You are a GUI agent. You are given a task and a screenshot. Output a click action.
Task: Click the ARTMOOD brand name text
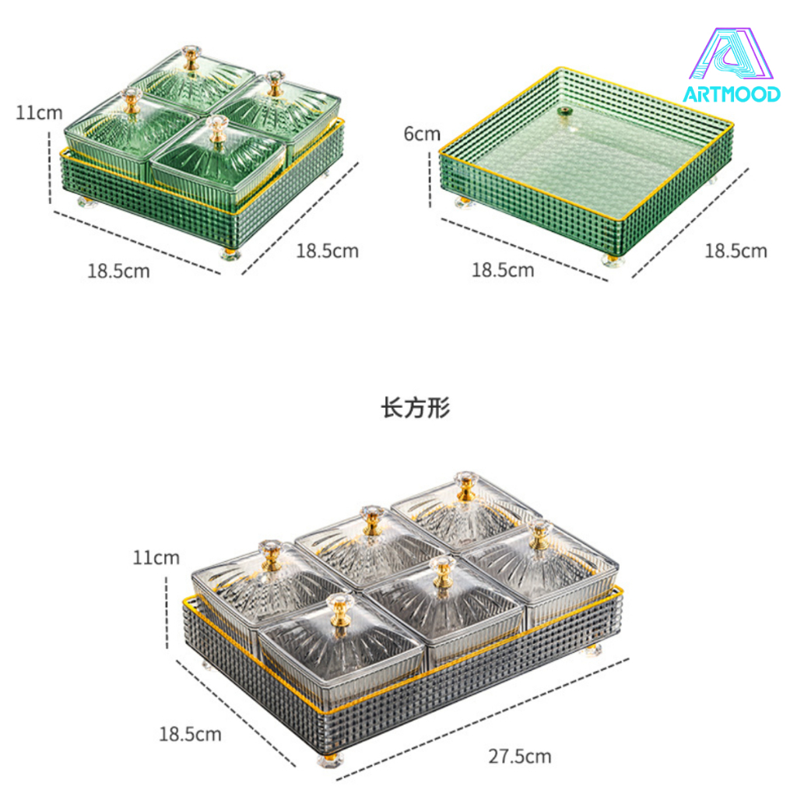(x=732, y=94)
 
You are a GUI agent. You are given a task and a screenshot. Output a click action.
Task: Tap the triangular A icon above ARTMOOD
(x=731, y=54)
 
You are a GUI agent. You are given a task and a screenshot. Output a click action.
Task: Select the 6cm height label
(x=422, y=134)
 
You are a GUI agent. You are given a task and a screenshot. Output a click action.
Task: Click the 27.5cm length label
(x=520, y=757)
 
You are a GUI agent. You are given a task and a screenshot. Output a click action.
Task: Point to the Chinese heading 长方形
(x=416, y=408)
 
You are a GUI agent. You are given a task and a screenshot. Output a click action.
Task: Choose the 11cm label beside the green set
(x=39, y=112)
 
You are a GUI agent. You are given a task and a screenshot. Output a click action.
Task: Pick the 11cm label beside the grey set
(x=156, y=557)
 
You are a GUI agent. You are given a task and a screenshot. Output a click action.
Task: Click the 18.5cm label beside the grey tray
(x=190, y=734)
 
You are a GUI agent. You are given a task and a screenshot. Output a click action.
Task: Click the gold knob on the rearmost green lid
(x=191, y=57)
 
